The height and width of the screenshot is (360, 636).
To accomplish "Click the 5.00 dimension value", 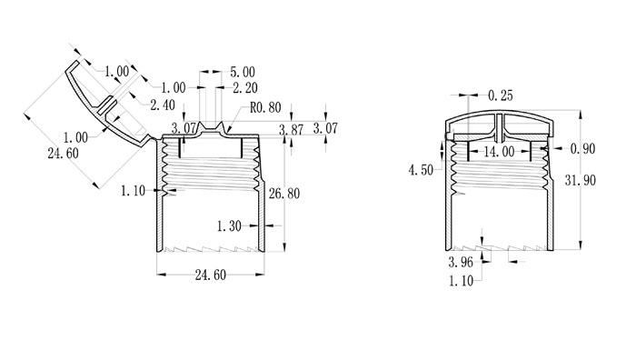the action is click(x=243, y=72).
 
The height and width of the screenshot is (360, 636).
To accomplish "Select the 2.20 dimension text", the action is click(x=245, y=87).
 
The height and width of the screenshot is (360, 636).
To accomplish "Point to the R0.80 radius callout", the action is click(x=265, y=107).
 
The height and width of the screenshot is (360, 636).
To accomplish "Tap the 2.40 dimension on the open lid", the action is click(x=163, y=105).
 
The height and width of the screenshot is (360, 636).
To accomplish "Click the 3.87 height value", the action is click(x=292, y=130).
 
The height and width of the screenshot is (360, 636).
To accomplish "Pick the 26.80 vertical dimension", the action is click(x=284, y=194).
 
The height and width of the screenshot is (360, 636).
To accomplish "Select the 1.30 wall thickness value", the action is click(x=229, y=226).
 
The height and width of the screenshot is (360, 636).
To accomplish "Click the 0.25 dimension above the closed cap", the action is click(x=501, y=95).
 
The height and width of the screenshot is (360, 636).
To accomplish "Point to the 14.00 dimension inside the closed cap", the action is click(x=500, y=152).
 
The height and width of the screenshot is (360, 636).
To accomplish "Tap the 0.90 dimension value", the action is click(x=583, y=149).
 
